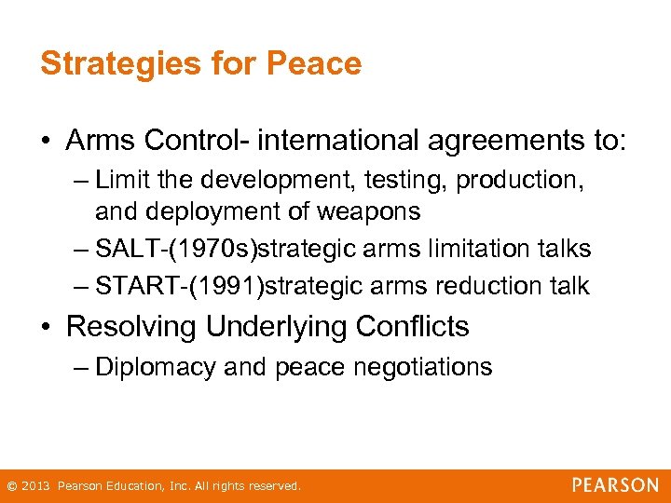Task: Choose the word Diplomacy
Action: click(x=156, y=367)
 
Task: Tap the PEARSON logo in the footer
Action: click(x=614, y=484)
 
